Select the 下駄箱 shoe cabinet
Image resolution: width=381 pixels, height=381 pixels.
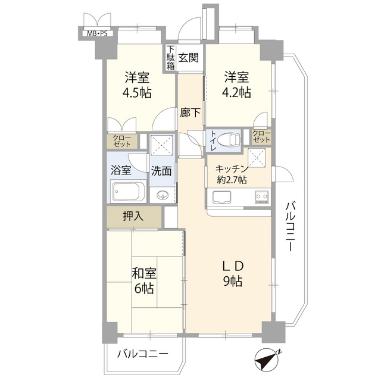click(x=171, y=58)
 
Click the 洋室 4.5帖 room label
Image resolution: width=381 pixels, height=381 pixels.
click(x=137, y=85)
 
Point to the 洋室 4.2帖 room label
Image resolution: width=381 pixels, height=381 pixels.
click(x=236, y=85)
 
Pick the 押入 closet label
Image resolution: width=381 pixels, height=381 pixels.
click(x=133, y=216)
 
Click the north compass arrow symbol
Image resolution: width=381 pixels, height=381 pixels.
click(x=267, y=360)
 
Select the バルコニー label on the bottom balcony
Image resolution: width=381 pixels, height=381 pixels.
click(x=142, y=355)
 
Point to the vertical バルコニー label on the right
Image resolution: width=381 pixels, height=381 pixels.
click(x=291, y=227)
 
